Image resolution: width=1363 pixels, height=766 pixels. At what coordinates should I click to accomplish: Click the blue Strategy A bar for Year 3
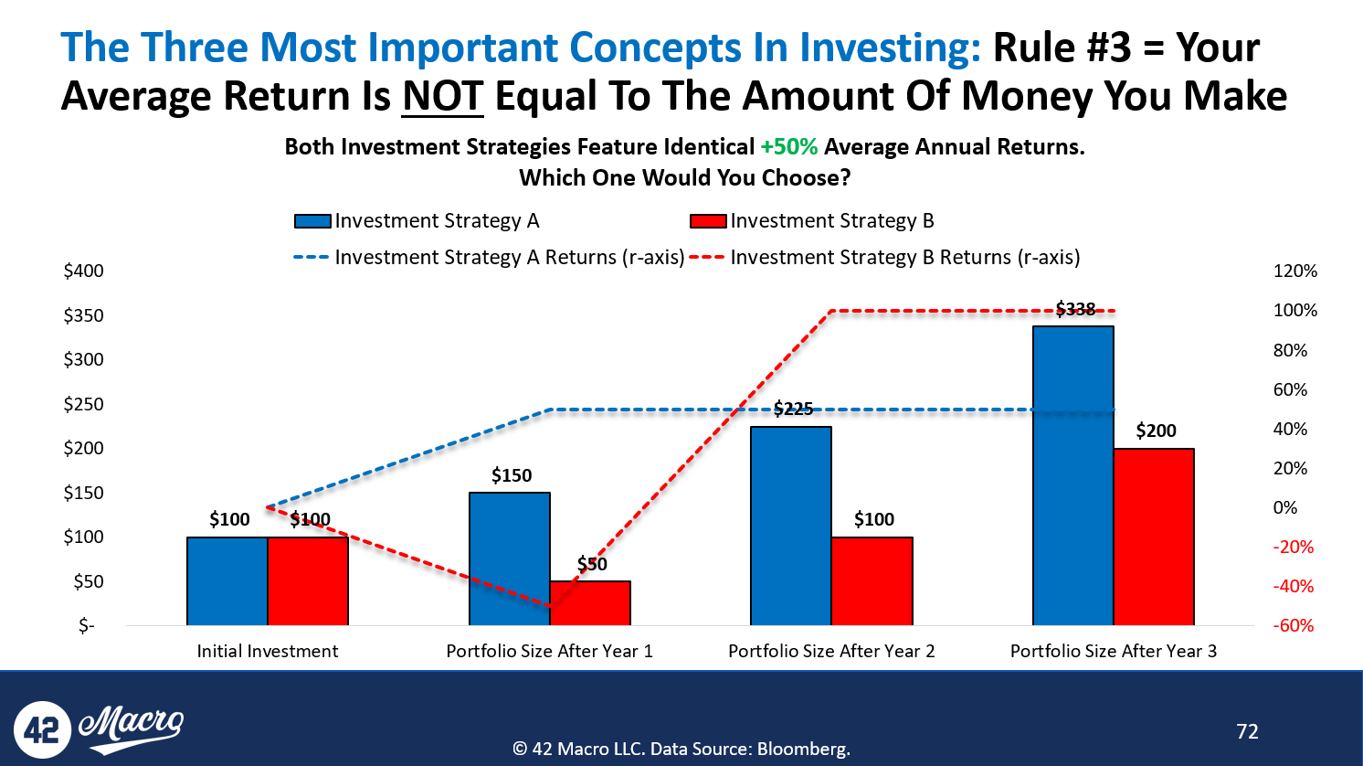coord(1073,475)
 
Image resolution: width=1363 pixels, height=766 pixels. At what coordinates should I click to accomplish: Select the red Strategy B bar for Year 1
coord(590,602)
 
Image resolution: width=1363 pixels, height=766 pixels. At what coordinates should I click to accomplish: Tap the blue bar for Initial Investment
coord(227,580)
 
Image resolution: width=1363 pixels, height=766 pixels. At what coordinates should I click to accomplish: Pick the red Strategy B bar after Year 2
coord(872,580)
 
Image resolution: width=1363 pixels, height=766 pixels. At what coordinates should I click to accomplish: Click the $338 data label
coord(1075,309)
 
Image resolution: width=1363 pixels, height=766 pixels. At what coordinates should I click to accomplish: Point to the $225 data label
coord(794,409)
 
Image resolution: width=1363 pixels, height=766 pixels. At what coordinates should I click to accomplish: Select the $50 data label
coord(592,564)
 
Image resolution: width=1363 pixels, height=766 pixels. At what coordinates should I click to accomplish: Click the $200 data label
coord(1157,431)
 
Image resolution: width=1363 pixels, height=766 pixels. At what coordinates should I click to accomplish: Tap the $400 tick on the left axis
coord(83,271)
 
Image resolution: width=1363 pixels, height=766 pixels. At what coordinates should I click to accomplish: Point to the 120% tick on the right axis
coord(1295,271)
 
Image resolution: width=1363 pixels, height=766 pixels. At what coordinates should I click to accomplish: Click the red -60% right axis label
coord(1294,625)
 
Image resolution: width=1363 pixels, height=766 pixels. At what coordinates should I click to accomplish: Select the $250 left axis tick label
coord(83,404)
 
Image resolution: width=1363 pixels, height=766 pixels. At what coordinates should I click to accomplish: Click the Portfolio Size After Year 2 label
coord(831,651)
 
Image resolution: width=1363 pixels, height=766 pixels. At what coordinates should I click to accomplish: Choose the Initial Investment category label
coord(267,651)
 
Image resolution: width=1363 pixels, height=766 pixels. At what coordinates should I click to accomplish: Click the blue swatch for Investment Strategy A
coord(312,221)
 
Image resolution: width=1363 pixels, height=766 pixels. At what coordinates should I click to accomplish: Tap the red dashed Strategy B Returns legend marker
coord(707,257)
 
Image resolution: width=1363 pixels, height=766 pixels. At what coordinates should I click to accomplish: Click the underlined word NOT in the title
coord(442,96)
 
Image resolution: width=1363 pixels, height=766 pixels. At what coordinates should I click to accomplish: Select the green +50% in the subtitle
coord(789,147)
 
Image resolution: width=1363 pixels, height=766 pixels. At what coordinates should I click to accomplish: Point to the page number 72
coord(1247,731)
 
